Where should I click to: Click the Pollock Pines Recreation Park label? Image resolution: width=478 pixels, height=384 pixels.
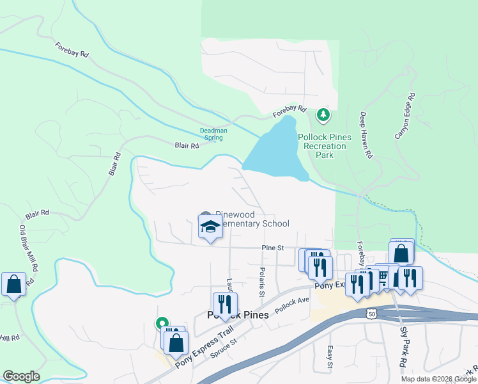[325, 146]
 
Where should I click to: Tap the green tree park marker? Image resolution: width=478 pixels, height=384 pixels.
[324, 115]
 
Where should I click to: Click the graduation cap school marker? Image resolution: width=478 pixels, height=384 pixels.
[210, 227]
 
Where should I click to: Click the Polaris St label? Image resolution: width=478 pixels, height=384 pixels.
[262, 282]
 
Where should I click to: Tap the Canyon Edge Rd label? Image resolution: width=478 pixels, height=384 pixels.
[405, 116]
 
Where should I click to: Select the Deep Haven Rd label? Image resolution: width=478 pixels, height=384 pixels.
[365, 135]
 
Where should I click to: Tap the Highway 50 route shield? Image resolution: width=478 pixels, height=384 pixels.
[372, 313]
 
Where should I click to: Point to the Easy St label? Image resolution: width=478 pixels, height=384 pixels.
[330, 357]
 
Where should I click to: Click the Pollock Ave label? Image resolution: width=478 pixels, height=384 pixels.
[291, 304]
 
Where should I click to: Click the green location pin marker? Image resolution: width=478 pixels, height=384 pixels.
[162, 324]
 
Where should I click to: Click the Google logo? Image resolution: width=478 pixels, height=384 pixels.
[21, 376]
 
